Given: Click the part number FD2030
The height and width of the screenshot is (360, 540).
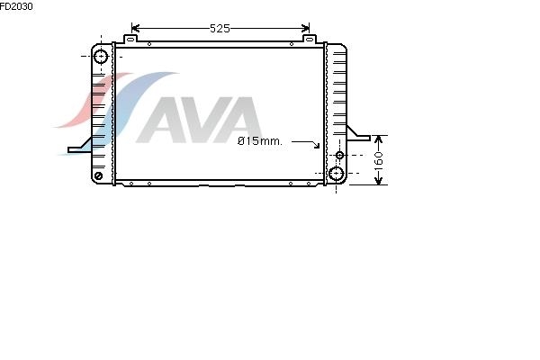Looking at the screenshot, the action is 16,6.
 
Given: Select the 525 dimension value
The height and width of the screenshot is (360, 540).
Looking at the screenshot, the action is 220,28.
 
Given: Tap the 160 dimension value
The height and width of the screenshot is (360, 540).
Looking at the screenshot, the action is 379,158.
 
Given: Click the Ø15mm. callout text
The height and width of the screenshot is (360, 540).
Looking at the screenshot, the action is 260,141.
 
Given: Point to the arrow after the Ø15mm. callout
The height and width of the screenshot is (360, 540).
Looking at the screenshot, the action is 306,144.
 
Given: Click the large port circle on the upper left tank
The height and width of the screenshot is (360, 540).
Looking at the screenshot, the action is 101,57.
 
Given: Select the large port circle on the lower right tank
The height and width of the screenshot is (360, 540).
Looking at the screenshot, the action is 336,174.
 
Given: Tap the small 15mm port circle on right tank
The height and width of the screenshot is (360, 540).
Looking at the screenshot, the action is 339,155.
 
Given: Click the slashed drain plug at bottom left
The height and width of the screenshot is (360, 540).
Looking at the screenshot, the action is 98,175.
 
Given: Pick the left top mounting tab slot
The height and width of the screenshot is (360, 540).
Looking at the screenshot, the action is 130,40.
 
